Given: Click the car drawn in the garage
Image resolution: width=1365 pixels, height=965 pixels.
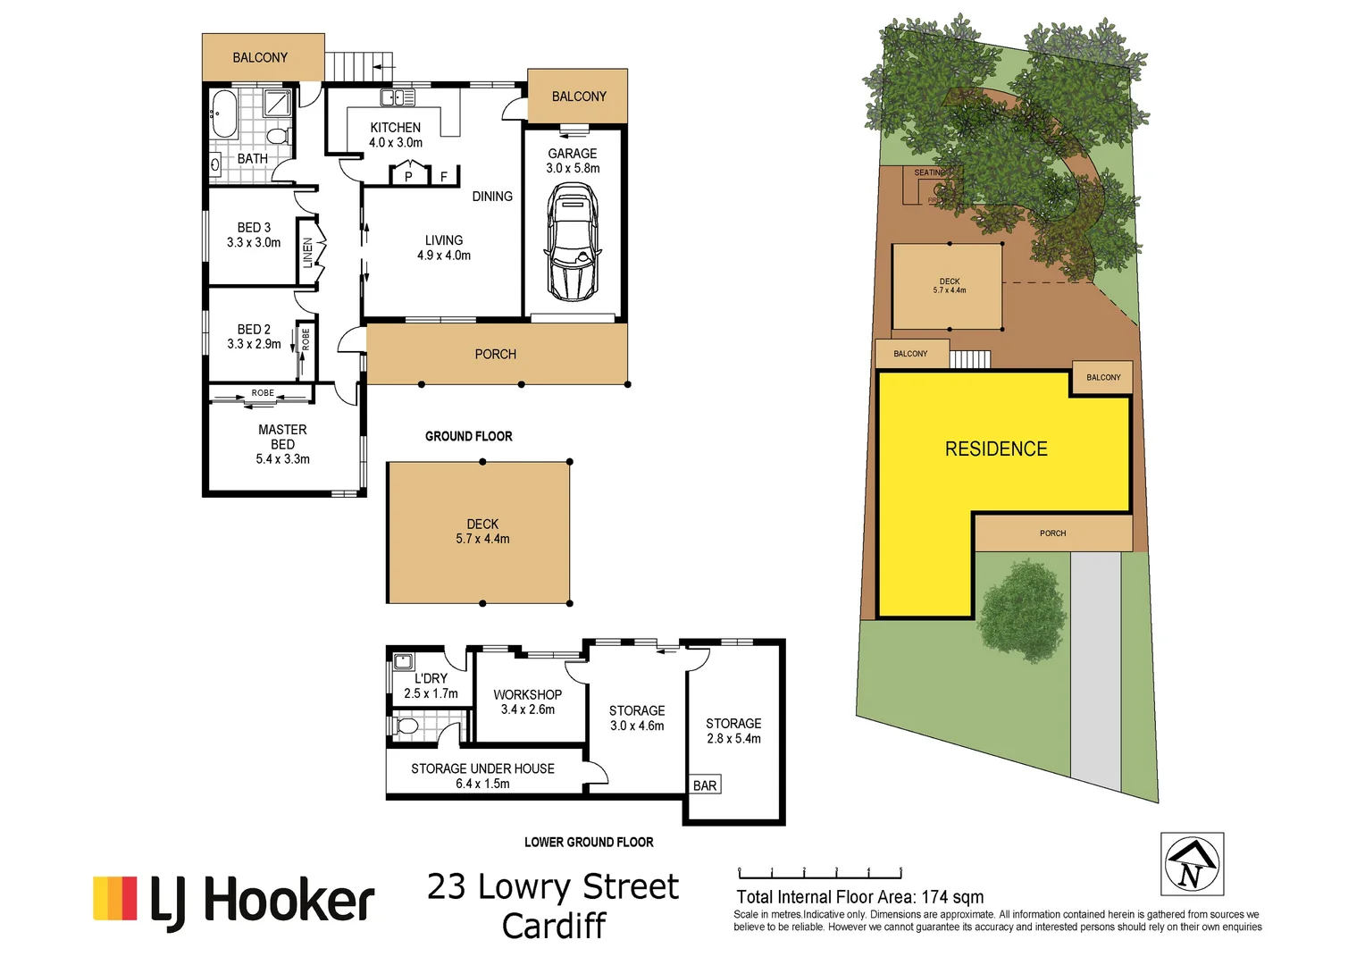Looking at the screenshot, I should (572, 241).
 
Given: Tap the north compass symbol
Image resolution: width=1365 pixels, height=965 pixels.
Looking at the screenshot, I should (1192, 864).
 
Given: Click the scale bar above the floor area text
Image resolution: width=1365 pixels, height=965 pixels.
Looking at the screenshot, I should (819, 873).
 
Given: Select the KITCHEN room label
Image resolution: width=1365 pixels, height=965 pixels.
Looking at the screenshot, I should (395, 128).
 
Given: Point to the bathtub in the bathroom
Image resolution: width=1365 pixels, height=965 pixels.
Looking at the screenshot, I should (223, 113).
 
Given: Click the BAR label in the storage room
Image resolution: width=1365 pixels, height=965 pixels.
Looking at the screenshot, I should (705, 785).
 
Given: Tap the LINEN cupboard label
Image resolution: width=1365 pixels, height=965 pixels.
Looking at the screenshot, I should (308, 253).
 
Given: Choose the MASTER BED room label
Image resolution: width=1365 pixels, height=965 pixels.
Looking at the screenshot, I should (282, 437).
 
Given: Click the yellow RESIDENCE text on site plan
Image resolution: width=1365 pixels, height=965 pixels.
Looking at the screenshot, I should (996, 449).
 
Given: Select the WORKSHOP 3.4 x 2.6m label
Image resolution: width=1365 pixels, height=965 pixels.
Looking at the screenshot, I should (527, 701).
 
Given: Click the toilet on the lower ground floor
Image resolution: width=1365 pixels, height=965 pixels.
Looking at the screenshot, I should (406, 725).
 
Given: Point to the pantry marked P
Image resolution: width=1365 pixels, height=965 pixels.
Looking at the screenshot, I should (408, 176).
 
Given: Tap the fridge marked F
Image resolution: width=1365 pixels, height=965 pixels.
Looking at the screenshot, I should (444, 176).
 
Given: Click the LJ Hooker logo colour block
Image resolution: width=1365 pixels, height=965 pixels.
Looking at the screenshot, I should (115, 898).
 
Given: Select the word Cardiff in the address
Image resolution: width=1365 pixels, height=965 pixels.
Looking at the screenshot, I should (554, 926).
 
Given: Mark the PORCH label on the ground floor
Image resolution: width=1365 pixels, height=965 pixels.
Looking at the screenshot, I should (496, 355).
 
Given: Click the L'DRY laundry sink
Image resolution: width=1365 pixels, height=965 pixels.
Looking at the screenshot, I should (403, 662).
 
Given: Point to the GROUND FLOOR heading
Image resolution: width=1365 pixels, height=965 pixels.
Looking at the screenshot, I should (468, 436).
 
